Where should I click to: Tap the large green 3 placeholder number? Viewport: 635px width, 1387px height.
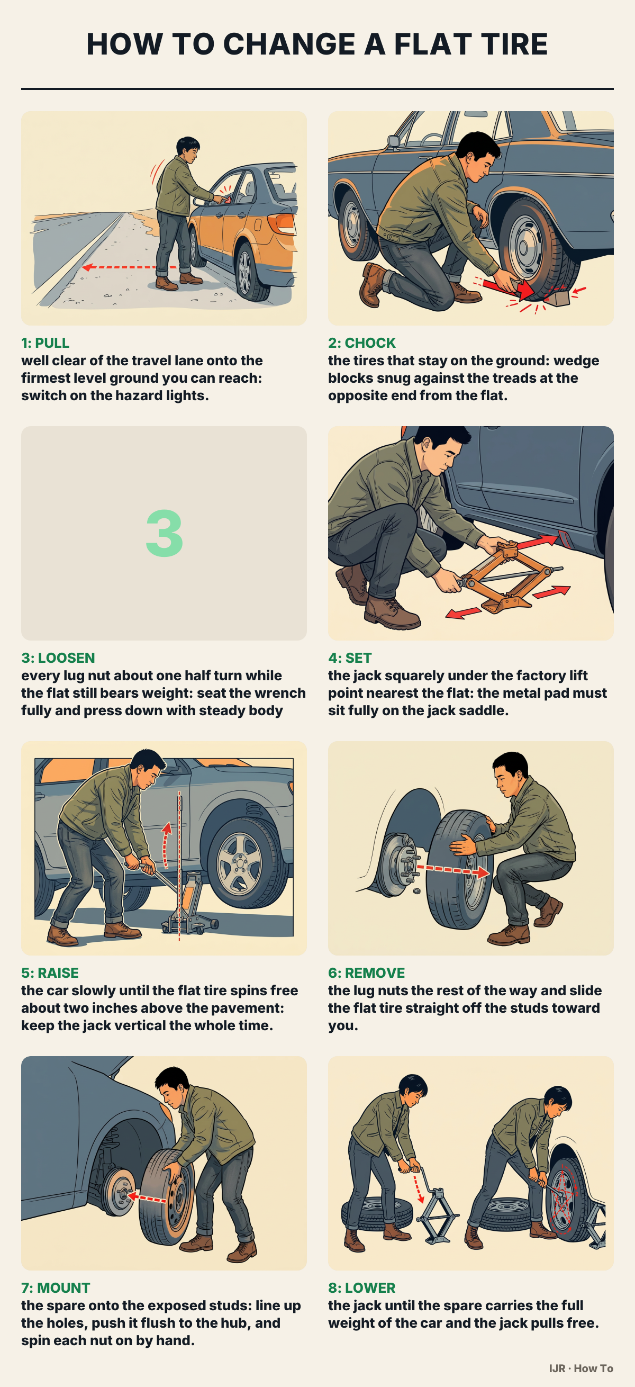tap(164, 533)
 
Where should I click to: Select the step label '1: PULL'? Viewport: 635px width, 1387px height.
tap(45, 343)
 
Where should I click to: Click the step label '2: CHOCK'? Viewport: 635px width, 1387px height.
tap(361, 343)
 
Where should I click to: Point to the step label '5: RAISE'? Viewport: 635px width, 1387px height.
tap(50, 973)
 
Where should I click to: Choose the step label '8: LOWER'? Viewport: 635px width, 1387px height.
tap(361, 1288)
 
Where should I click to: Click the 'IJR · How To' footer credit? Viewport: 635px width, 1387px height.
tap(581, 1368)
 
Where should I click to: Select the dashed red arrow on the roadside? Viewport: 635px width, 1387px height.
tap(129, 267)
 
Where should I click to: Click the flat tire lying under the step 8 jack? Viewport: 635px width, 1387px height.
tap(377, 1215)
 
